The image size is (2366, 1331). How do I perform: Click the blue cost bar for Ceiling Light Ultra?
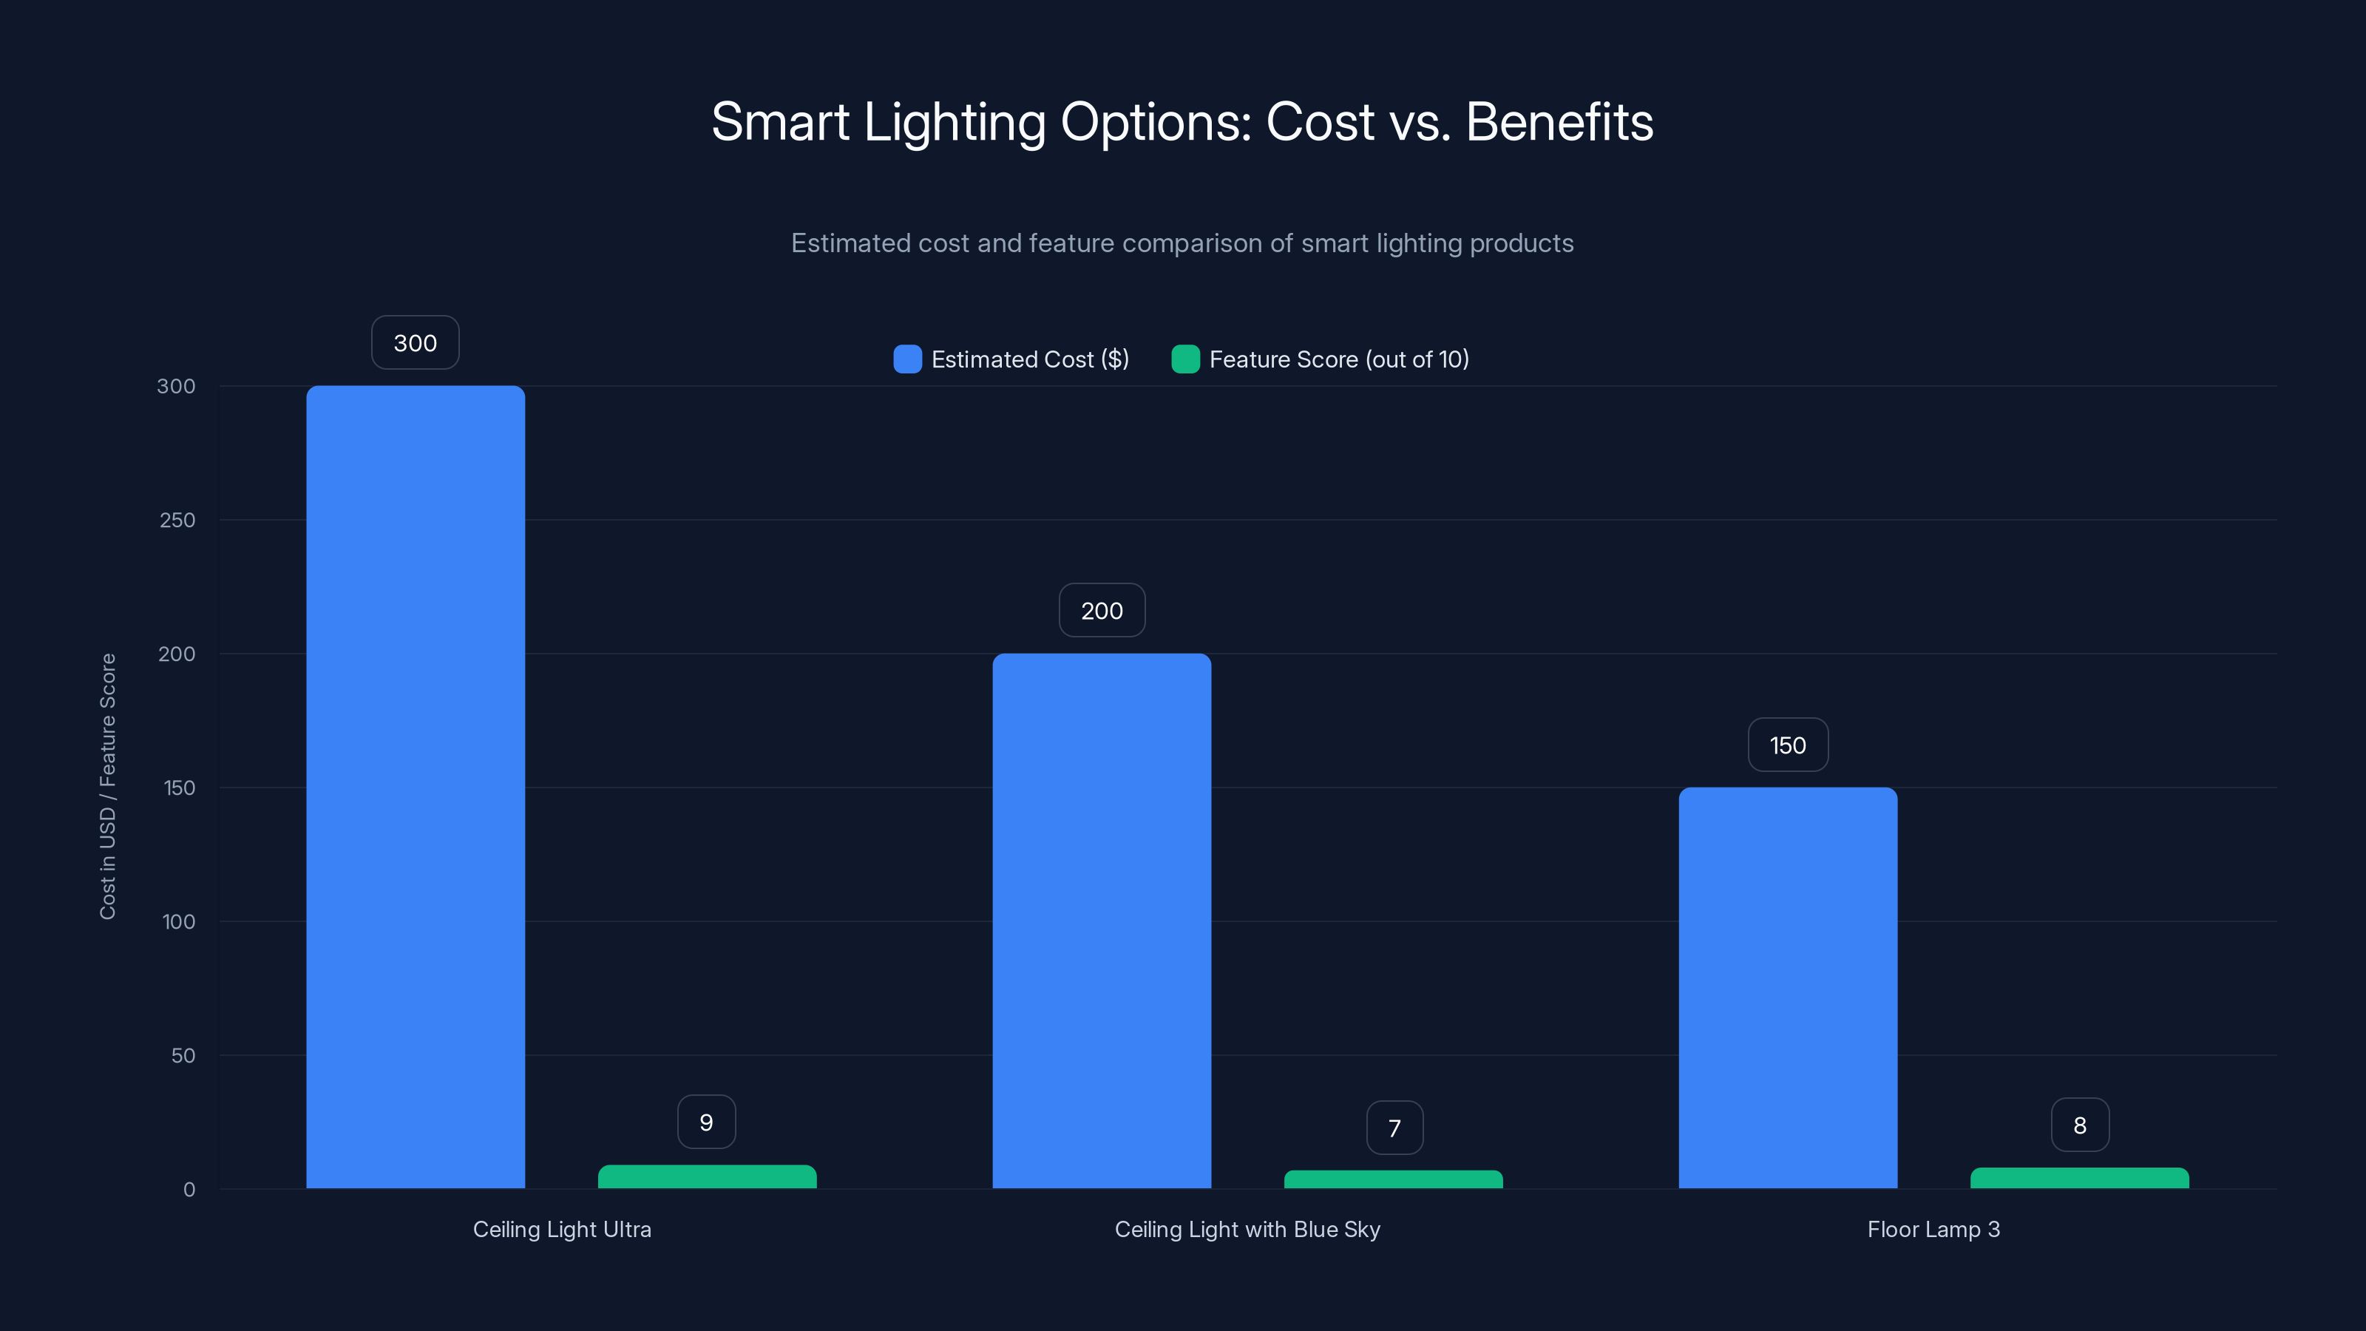tap(415, 786)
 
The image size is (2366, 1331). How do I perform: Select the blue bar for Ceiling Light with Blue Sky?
tap(1101, 921)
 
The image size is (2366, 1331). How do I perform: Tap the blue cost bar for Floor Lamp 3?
tap(1787, 987)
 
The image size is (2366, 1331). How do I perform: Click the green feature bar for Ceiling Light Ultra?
tap(706, 1176)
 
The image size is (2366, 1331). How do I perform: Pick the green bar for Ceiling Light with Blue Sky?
tap(1393, 1179)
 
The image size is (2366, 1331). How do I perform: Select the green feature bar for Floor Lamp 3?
tap(2079, 1179)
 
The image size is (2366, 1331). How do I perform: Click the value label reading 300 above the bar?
tap(415, 342)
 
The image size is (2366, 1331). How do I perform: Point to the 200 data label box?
tap(1101, 611)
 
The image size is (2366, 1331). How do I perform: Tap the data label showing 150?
tap(1787, 745)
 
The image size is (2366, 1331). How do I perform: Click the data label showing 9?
tap(706, 1122)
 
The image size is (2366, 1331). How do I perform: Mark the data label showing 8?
tap(2079, 1125)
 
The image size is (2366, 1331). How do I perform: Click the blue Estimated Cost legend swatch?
tap(907, 359)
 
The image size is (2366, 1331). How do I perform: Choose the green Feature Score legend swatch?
tap(1184, 359)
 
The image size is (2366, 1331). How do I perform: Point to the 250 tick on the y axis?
tap(177, 520)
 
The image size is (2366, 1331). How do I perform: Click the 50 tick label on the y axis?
tap(183, 1055)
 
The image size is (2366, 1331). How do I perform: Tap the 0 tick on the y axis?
tap(189, 1190)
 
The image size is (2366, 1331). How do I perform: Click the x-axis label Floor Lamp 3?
tap(1933, 1229)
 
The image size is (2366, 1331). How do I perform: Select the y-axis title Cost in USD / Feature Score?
tap(107, 786)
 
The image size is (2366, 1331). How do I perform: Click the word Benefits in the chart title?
tap(1559, 122)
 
